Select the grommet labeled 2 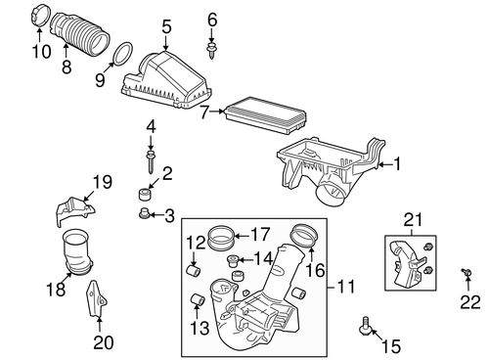[148, 196]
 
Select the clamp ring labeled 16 [304, 235]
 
